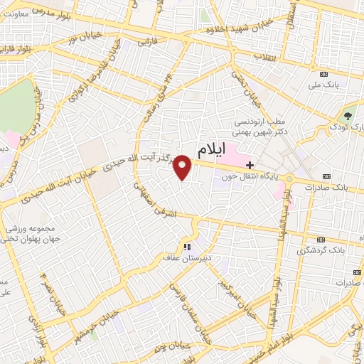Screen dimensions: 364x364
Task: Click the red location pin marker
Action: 183,167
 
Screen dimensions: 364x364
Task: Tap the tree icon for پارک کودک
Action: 348,115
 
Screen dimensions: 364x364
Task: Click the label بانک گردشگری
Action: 321,250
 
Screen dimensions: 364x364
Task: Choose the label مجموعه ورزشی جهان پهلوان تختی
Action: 28,235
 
